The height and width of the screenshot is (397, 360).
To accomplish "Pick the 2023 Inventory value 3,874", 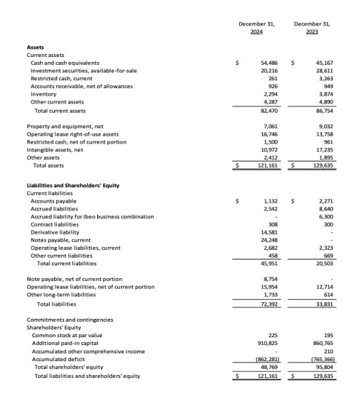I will pos(325,94).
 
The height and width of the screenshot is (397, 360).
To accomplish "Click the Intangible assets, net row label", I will pos(55,149).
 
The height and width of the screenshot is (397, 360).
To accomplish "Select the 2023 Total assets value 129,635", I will pos(323,165).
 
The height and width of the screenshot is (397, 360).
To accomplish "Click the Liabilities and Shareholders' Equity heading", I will pos(73,185).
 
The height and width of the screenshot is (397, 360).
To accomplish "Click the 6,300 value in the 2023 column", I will pos(325,217).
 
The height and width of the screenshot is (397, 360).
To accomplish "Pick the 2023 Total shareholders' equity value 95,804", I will pos(324,367).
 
